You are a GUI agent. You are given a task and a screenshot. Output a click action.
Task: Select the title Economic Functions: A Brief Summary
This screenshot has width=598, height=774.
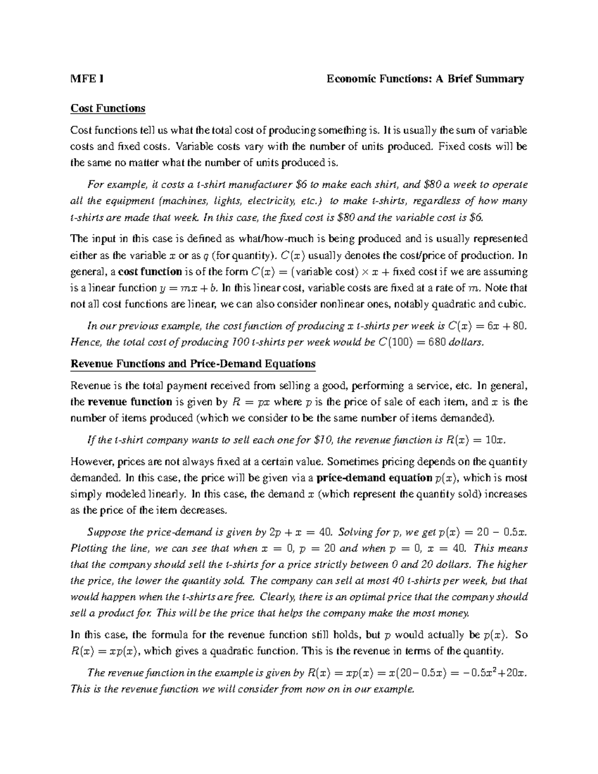425,79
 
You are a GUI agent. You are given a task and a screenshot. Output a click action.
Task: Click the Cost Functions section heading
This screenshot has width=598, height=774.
108,108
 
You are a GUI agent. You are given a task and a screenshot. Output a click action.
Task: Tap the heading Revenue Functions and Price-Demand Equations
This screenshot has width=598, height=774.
193,363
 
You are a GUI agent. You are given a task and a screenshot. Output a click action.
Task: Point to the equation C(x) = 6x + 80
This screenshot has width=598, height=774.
478,326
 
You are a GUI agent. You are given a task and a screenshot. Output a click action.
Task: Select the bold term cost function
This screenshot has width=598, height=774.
149,272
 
